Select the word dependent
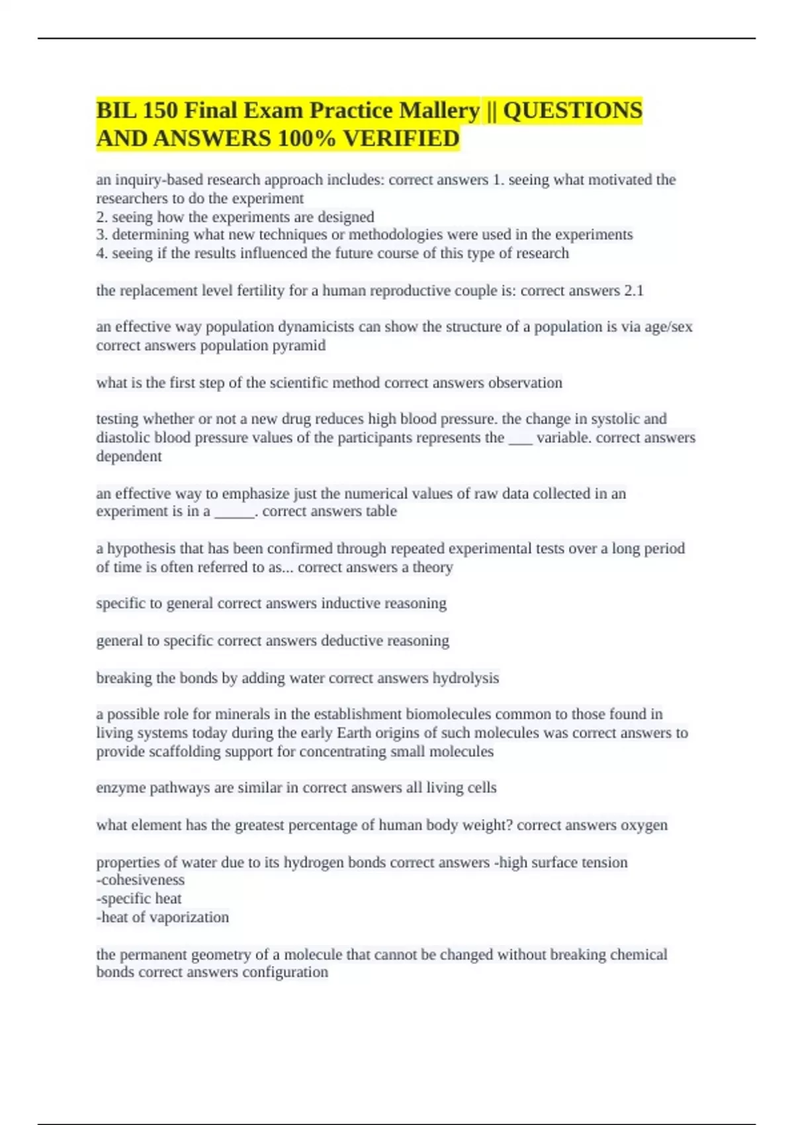point(129,456)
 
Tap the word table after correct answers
point(381,511)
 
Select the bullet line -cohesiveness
point(140,879)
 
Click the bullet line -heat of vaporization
point(163,917)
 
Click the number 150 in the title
point(158,110)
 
